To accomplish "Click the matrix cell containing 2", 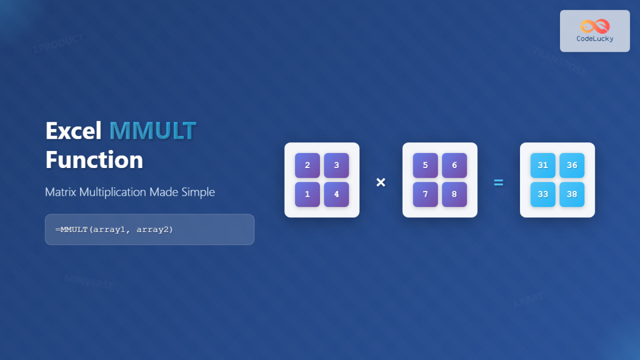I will [307, 165].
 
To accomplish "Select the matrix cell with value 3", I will [337, 165].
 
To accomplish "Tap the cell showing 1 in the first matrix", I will [307, 194].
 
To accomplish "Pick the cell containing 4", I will [337, 194].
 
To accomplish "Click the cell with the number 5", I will [425, 165].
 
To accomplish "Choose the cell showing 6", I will [454, 165].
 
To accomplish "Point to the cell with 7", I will [425, 194].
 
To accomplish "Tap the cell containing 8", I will [454, 194].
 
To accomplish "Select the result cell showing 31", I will [543, 165].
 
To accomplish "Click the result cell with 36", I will [572, 165].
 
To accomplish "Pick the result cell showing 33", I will [543, 194].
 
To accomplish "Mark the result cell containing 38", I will [572, 194].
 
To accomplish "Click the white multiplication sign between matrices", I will [381, 182].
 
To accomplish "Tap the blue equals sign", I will [498, 182].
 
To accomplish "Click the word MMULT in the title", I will [153, 131].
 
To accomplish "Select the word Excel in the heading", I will [74, 131].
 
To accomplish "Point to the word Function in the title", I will [94, 160].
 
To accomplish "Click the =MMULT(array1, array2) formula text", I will [114, 229].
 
